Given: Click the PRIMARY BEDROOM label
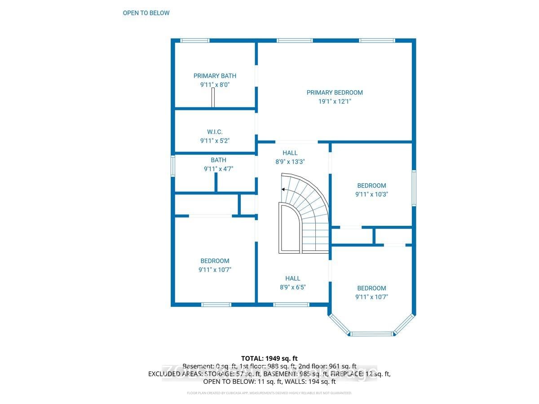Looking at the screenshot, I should pos(335,92).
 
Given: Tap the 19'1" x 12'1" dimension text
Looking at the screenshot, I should pos(335,101).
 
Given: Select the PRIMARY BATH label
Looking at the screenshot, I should pos(215,76).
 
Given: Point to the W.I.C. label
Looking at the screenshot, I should pos(215,132).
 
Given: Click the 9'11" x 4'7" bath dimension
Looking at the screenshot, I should pos(218,169).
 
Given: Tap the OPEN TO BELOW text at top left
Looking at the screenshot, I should pos(146,13).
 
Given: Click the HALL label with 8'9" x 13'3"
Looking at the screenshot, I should pos(290,153).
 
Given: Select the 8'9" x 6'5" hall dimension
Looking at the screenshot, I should pos(292,287).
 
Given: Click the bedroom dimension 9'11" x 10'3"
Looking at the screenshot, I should pos(371,194).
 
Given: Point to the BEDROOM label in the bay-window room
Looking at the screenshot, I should pos(371,288).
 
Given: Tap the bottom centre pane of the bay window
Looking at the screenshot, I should pos(371,334).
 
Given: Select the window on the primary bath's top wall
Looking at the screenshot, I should pos(194,40).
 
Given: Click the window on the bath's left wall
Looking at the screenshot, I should pos(172,166).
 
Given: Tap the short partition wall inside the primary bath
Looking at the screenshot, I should pos(214,97).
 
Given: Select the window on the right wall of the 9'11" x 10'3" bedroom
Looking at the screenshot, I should pos(414,188).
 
